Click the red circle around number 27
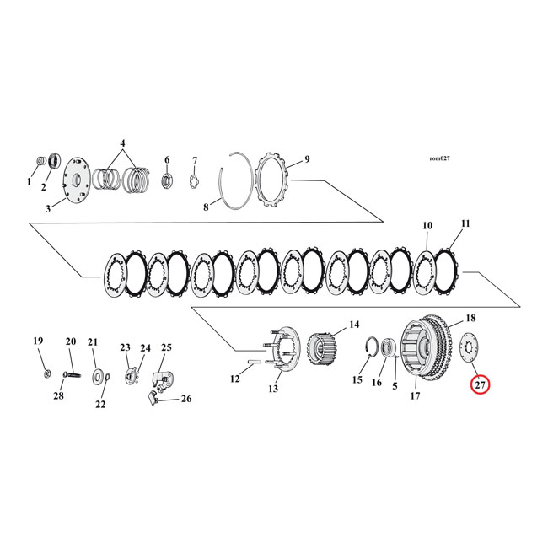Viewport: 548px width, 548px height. [x=480, y=385]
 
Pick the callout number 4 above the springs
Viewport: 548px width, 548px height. [x=122, y=143]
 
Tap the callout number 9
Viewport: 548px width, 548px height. [x=307, y=158]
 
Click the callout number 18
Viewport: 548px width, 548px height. [x=470, y=318]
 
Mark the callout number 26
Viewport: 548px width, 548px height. [x=186, y=399]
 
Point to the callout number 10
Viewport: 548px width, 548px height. [x=427, y=225]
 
